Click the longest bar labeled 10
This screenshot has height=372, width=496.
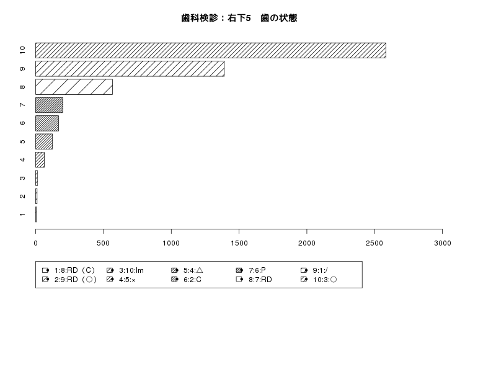[211, 50]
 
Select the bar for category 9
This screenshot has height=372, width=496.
[130, 69]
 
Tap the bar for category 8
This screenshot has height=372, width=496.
[74, 87]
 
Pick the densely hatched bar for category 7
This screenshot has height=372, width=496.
[49, 105]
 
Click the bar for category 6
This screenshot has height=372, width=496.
[47, 123]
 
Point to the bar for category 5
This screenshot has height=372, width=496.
[44, 141]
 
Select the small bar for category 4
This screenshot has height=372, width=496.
[40, 160]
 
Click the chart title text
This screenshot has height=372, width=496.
[239, 18]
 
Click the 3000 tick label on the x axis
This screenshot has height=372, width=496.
[443, 243]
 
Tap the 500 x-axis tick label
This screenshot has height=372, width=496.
[104, 243]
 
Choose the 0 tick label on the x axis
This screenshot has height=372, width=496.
[36, 243]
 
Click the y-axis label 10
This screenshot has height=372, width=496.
[22, 50]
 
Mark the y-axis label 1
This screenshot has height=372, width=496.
[22, 215]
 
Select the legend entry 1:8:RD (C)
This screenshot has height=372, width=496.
[68, 270]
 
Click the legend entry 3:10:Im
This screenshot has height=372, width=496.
[125, 270]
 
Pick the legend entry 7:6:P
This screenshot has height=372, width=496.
[251, 270]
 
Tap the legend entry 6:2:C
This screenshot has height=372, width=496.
[187, 280]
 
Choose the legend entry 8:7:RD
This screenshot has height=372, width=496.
[254, 280]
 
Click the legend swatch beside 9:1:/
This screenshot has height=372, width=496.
[304, 270]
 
